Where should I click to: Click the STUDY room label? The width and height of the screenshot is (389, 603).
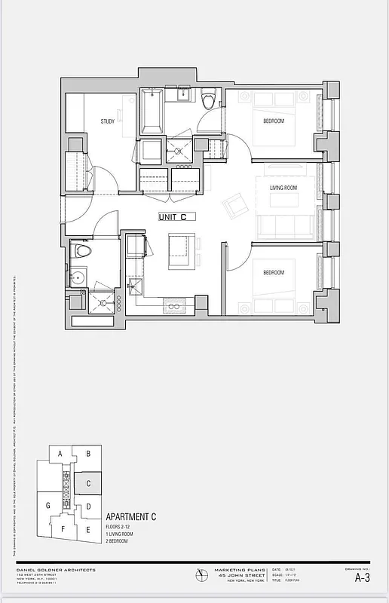pos(107,121)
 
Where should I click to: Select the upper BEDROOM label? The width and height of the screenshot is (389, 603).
pos(273,121)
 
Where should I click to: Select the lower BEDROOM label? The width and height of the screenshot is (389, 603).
pos(273,272)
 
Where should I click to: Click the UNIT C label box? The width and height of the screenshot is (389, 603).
pos(177,216)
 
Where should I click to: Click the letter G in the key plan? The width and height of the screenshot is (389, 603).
pos(47,505)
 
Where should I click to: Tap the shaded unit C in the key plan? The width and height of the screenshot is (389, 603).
pos(88,483)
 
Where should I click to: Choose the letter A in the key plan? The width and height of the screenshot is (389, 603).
pos(59,453)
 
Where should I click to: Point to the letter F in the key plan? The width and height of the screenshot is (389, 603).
pos(63,528)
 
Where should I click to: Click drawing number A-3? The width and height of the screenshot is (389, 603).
pos(362,578)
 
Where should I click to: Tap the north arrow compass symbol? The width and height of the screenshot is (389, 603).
pos(199,574)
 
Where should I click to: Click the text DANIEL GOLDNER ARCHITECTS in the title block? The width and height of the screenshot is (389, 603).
pos(57,570)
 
